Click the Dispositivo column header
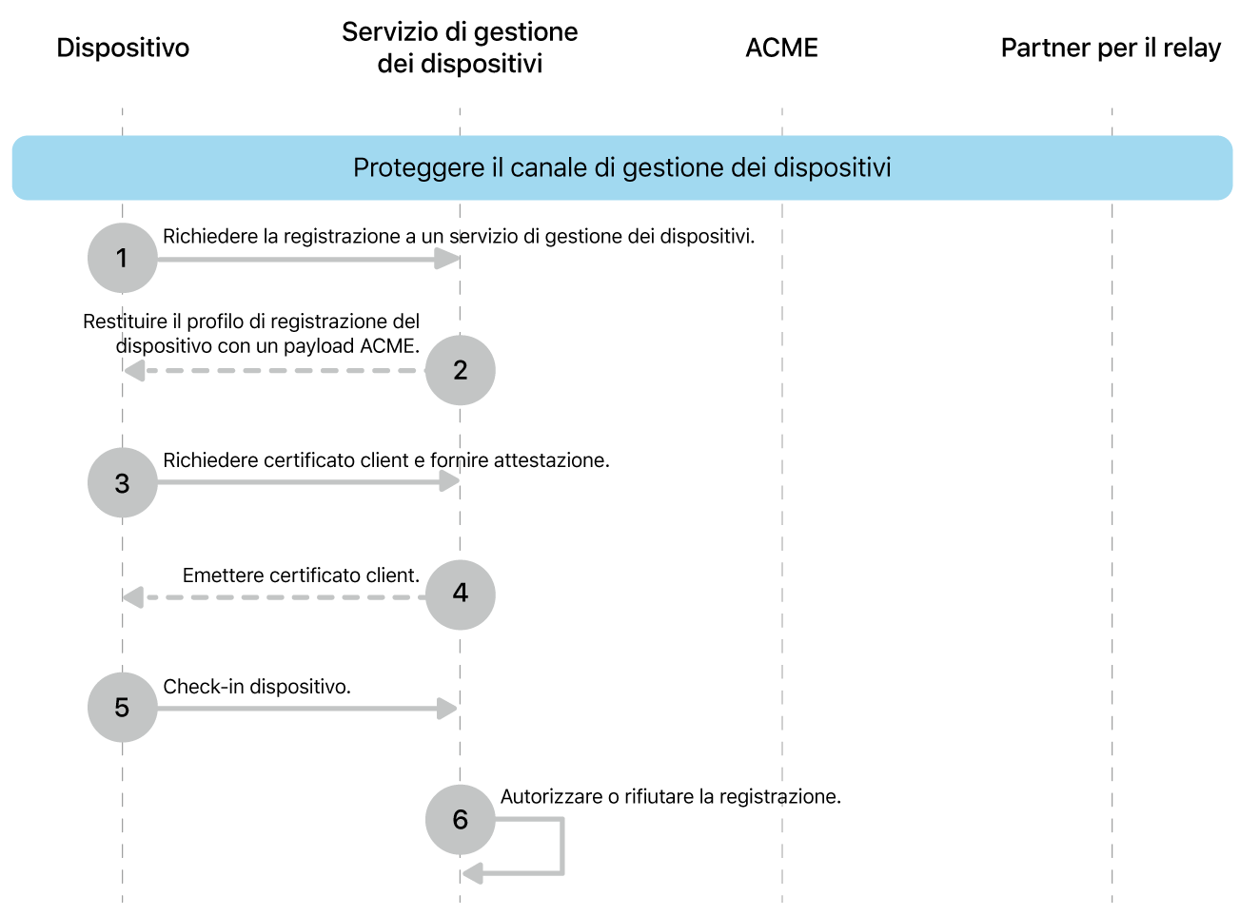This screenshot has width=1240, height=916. [x=123, y=48]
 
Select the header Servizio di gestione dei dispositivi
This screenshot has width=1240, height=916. [x=460, y=48]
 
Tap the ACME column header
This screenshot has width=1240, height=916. [x=781, y=48]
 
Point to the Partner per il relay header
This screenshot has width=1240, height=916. [x=1111, y=48]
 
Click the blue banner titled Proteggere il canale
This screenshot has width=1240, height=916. [x=621, y=167]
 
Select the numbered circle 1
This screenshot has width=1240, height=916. [x=122, y=258]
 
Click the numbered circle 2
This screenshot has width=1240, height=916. [x=461, y=370]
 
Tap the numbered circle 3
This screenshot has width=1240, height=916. [x=122, y=483]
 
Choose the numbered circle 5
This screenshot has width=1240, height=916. [x=122, y=708]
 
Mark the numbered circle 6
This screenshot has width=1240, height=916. [x=461, y=819]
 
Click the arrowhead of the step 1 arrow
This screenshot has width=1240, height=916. [x=447, y=259]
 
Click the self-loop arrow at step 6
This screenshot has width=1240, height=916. [x=561, y=847]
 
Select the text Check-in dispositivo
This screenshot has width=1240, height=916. [x=257, y=687]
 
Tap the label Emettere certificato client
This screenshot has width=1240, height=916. [x=301, y=575]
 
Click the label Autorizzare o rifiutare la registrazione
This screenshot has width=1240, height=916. [x=670, y=797]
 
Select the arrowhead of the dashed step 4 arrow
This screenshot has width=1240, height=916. [x=133, y=597]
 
